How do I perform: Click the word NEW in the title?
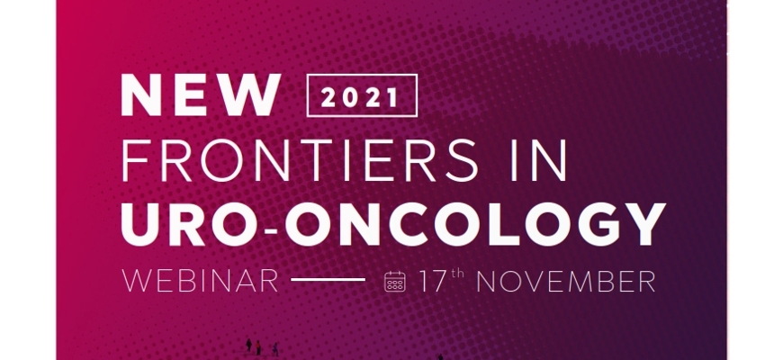[x=201, y=94]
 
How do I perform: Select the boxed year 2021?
[x=362, y=96]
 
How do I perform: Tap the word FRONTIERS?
[x=300, y=160]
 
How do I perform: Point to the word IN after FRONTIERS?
[x=539, y=160]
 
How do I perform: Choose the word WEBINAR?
[x=200, y=281]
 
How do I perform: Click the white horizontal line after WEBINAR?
[x=328, y=280]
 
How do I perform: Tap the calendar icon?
[x=394, y=281]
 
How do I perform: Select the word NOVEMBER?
[x=565, y=281]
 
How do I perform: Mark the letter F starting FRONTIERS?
[x=135, y=160]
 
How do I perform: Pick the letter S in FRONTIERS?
[x=462, y=160]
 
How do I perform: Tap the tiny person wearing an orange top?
[x=258, y=347]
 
